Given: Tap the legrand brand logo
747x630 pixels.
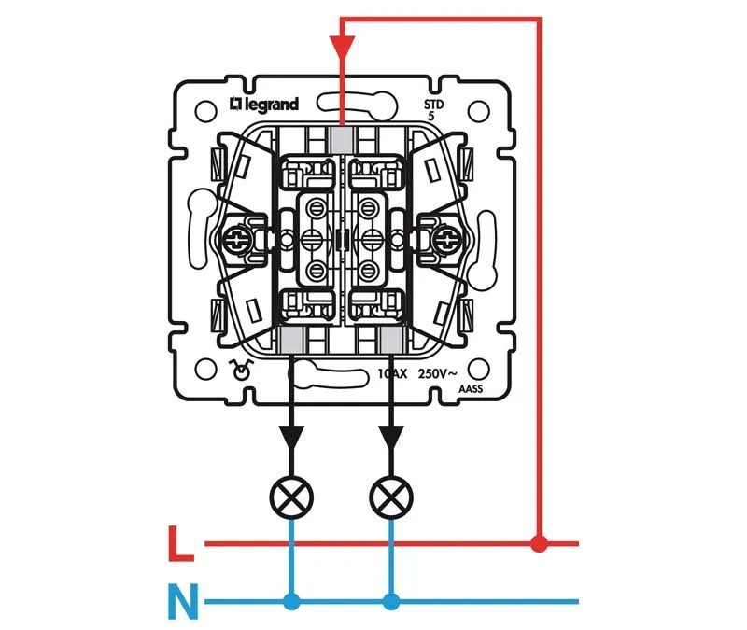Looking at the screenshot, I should click(263, 105).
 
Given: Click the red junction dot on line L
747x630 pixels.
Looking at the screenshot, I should click(539, 542).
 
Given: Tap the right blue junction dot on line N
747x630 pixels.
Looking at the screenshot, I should click(391, 601).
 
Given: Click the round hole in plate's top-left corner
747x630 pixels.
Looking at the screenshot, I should click(204, 111).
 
